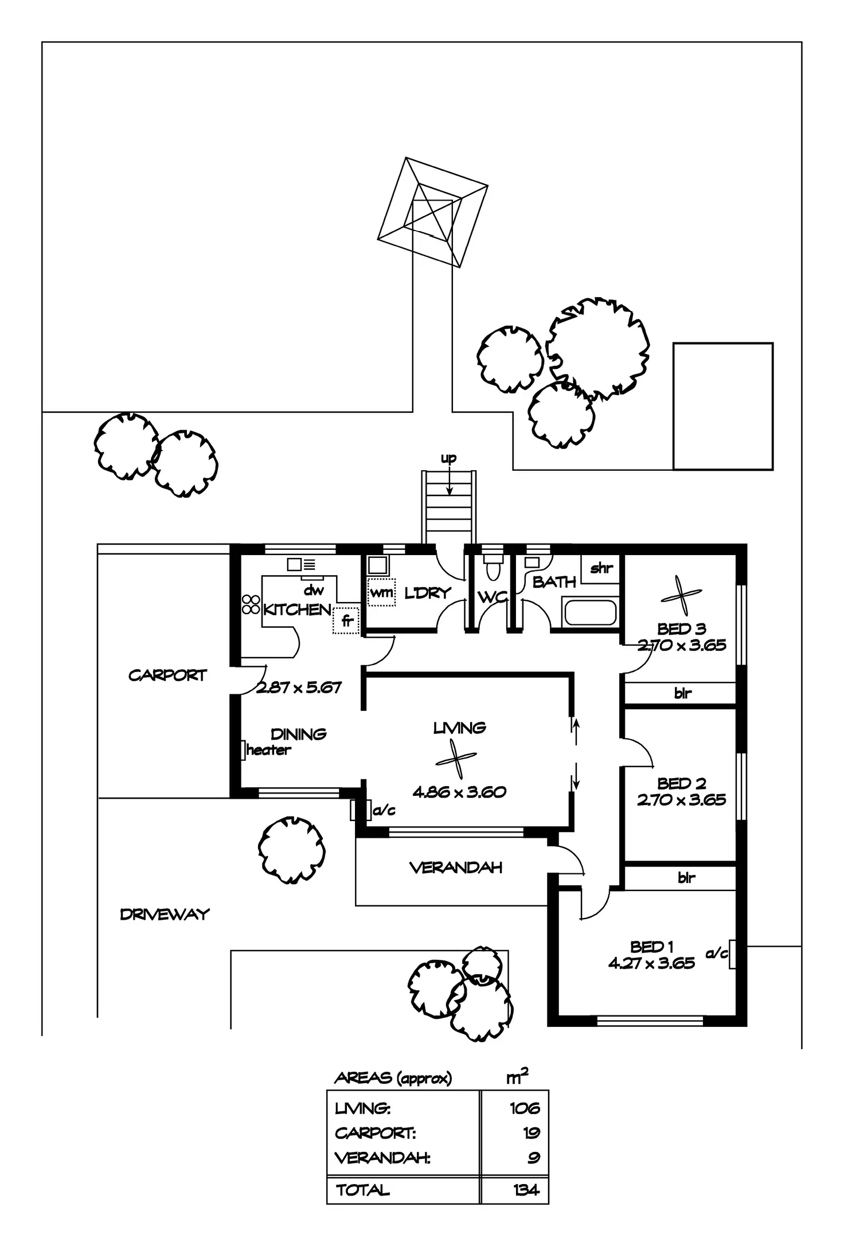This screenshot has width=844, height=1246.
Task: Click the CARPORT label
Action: pyautogui.click(x=167, y=675)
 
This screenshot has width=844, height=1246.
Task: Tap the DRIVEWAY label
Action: pyautogui.click(x=165, y=915)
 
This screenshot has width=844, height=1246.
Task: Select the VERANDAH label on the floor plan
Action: pyautogui.click(x=456, y=868)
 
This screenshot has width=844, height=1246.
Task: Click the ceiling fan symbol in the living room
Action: pyautogui.click(x=456, y=760)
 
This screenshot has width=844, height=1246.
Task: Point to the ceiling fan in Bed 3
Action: pyautogui.click(x=681, y=596)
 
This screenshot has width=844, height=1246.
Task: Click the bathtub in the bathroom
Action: pyautogui.click(x=590, y=612)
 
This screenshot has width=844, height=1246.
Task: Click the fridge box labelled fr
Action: pyautogui.click(x=346, y=620)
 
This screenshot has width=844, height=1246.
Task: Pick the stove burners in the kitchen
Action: pyautogui.click(x=251, y=604)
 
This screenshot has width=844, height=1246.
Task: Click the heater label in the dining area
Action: pyautogui.click(x=268, y=750)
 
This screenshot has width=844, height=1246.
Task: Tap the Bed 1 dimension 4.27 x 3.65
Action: pyautogui.click(x=651, y=964)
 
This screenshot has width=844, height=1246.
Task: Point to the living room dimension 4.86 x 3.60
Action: pyautogui.click(x=459, y=792)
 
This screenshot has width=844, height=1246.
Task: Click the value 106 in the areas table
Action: pyautogui.click(x=525, y=1108)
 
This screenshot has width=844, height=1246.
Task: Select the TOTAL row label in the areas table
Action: pyautogui.click(x=362, y=1190)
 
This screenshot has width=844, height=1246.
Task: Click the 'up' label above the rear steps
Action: pyautogui.click(x=448, y=459)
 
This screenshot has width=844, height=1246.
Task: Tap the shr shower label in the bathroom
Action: pyautogui.click(x=601, y=568)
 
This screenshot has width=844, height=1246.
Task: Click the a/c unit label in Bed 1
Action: pyautogui.click(x=717, y=953)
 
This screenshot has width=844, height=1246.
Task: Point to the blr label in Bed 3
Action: pyautogui.click(x=682, y=693)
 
